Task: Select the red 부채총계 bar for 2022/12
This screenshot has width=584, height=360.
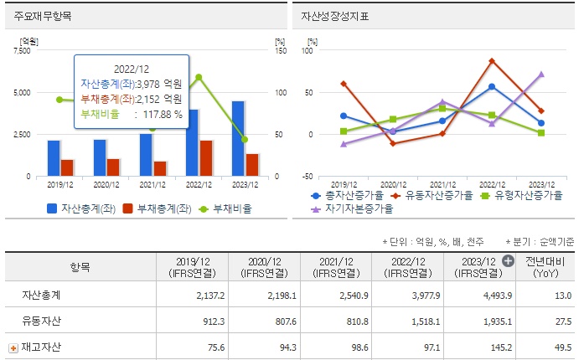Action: pos(206,158)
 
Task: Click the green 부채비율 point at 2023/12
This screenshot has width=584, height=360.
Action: pos(244,140)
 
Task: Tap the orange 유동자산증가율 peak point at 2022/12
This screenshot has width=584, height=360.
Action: pos(492,60)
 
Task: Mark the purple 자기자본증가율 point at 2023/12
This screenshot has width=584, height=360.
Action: pos(541,75)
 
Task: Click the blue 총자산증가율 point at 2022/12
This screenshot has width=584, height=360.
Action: pos(492,86)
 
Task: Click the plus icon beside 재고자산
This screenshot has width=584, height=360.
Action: pos(13,347)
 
